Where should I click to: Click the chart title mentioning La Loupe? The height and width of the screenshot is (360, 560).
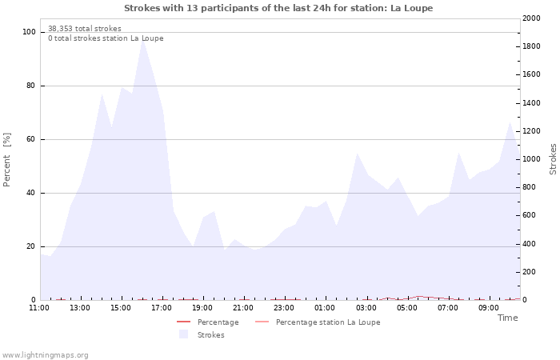[x=278, y=8]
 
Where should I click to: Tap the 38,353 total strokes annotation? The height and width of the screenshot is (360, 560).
[x=85, y=29]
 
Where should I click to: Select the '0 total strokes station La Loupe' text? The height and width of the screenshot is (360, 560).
[x=106, y=38]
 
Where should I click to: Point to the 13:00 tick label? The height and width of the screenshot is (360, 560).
[x=80, y=308]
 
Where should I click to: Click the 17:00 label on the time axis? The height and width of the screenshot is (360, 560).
[x=162, y=308]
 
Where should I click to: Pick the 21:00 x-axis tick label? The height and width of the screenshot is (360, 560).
[x=243, y=308]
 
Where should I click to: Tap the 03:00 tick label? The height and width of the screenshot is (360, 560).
[x=366, y=308]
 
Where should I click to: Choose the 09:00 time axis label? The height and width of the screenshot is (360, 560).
[x=488, y=308]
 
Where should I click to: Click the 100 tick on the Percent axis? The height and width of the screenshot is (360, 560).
[x=29, y=32]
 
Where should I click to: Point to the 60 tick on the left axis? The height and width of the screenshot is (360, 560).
[x=31, y=139]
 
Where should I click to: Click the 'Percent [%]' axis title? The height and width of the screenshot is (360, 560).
[x=7, y=159]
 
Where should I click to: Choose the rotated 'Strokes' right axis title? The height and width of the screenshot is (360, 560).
[x=553, y=159]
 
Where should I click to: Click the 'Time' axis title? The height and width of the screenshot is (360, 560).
[x=507, y=318]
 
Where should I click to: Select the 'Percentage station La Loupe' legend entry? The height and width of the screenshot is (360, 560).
[x=327, y=322]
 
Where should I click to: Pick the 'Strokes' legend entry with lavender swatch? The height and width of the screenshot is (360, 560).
[x=210, y=335]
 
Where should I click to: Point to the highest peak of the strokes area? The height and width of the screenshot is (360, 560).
[x=142, y=39]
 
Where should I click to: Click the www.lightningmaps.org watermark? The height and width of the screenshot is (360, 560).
[x=45, y=354]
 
